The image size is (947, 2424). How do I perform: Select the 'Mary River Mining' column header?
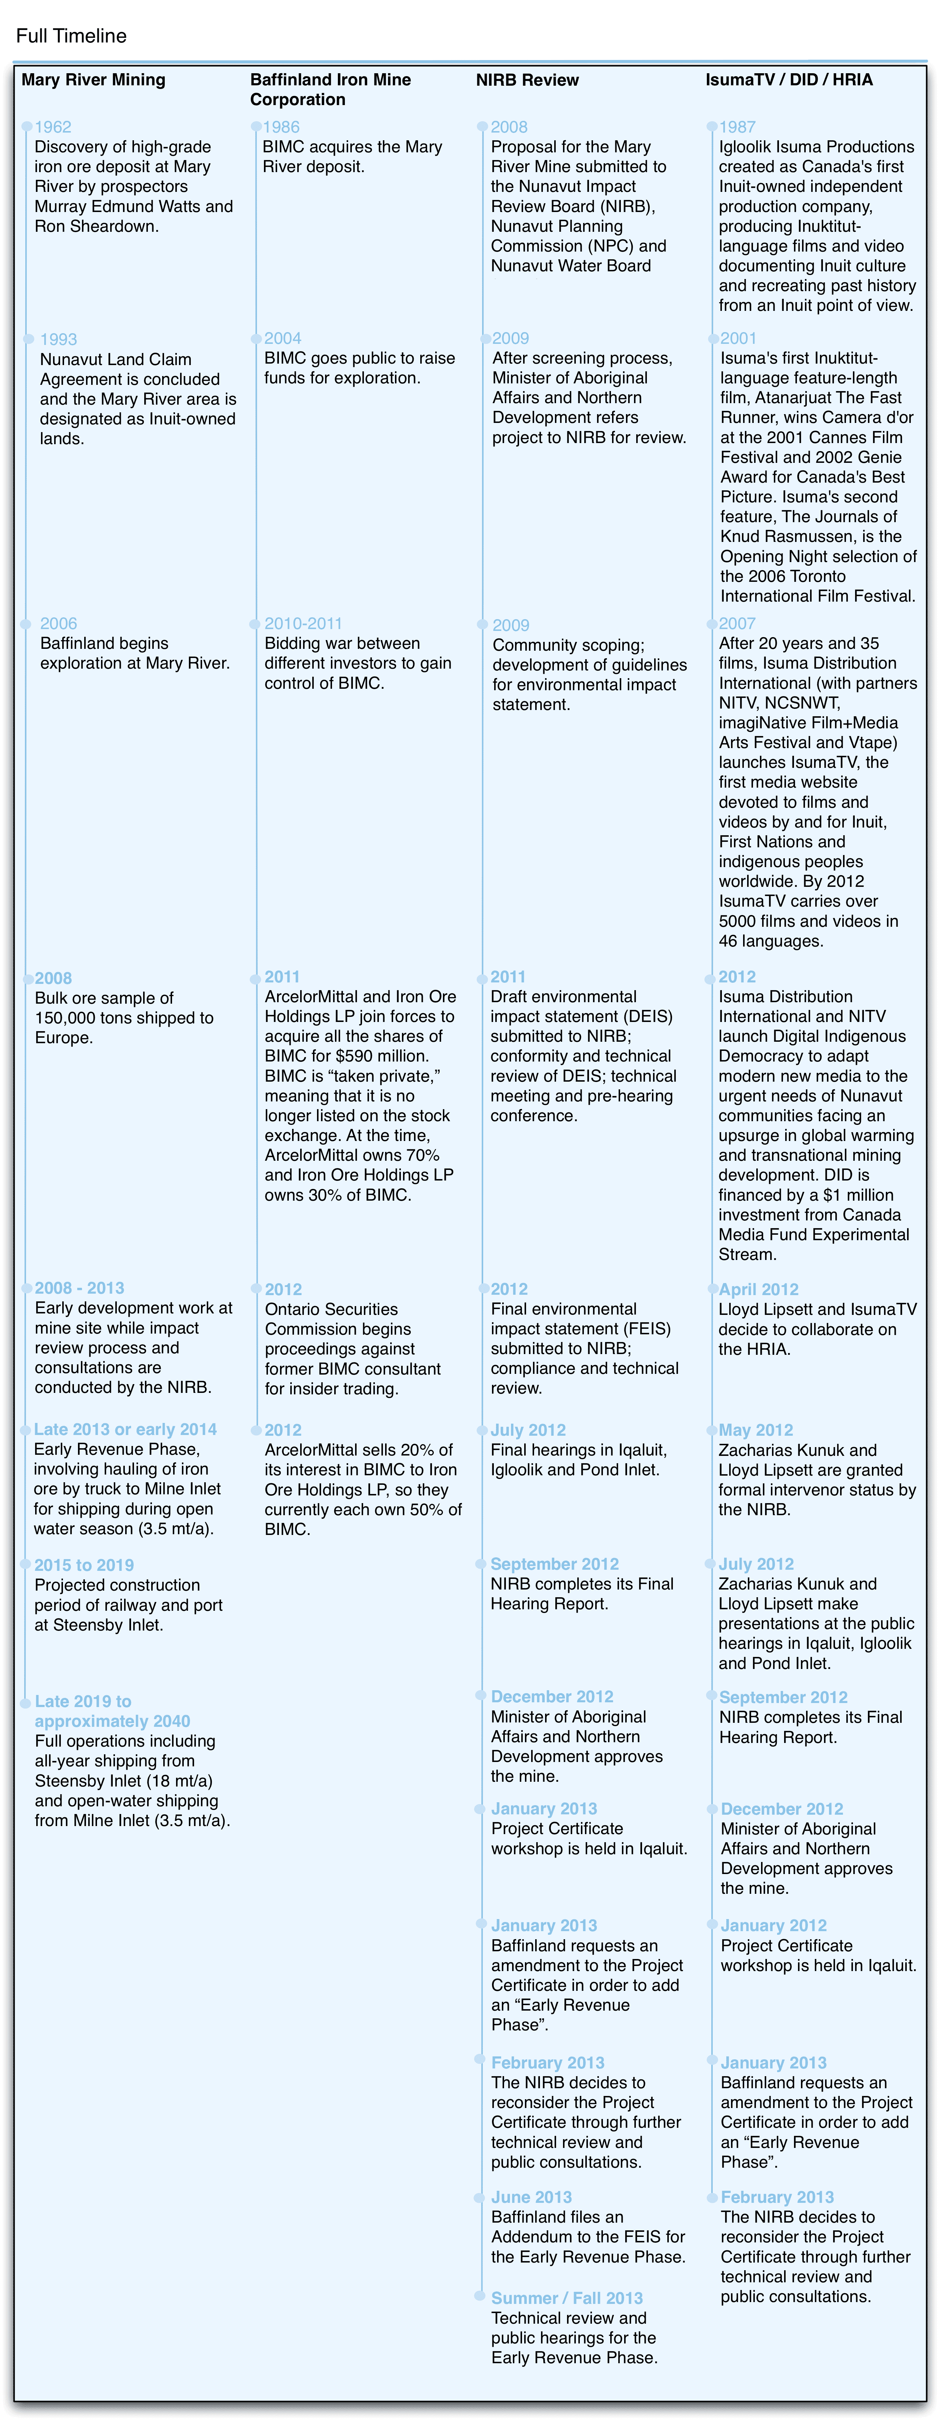tap(93, 80)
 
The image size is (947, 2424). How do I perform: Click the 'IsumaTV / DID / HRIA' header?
tap(788, 80)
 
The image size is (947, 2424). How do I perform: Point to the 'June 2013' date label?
tap(531, 2197)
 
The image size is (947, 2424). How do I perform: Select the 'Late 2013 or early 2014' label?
tap(125, 1430)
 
